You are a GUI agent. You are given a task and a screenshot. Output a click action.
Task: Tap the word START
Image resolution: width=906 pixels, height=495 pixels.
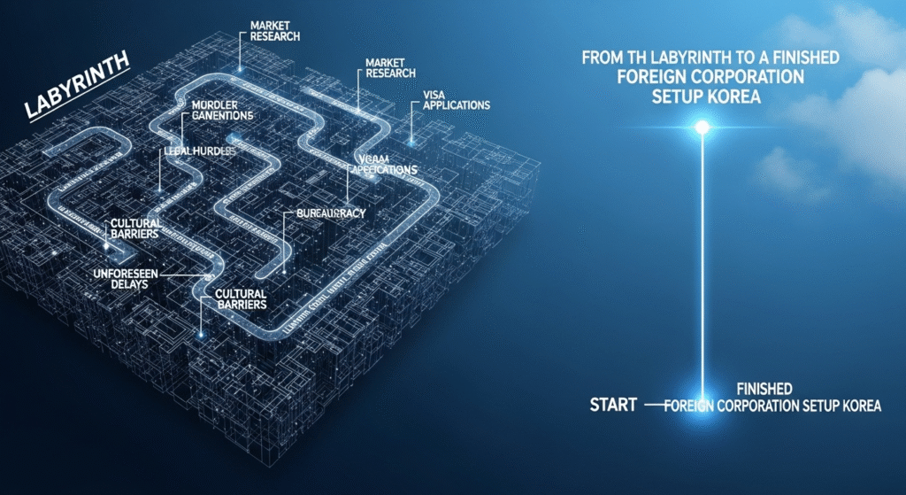pyautogui.click(x=613, y=406)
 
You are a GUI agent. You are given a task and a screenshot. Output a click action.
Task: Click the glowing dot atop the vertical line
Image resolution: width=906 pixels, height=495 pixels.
pyautogui.click(x=703, y=128)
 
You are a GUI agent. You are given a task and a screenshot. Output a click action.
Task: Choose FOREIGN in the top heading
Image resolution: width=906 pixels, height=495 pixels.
pyautogui.click(x=657, y=77)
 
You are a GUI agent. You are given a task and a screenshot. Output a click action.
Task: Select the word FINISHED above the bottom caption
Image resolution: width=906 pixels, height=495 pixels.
pyautogui.click(x=764, y=389)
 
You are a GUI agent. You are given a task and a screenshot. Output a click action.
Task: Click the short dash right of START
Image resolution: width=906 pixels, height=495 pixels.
pyautogui.click(x=655, y=405)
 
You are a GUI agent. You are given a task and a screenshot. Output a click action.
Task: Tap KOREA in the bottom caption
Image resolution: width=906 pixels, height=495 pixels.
pyautogui.click(x=861, y=406)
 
